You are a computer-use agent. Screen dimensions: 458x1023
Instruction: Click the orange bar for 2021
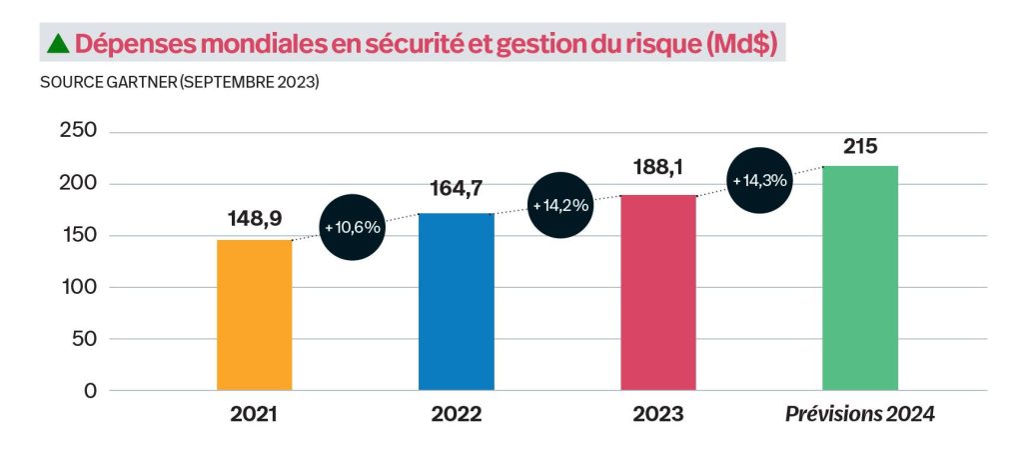(x=254, y=315)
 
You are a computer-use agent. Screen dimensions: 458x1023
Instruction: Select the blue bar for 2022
(x=456, y=301)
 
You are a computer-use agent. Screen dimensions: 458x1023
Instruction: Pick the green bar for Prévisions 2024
(x=860, y=278)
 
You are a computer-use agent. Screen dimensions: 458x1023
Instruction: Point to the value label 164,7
(x=456, y=189)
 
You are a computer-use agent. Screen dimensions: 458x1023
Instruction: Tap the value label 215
(x=860, y=146)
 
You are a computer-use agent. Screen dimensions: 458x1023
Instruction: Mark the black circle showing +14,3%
(x=760, y=181)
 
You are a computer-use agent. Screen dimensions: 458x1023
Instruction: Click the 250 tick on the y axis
(x=77, y=132)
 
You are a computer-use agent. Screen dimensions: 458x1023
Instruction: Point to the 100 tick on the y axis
(x=77, y=287)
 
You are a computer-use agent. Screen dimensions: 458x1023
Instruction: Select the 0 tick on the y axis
(x=90, y=391)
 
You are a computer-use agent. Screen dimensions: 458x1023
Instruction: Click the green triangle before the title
(x=58, y=43)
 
